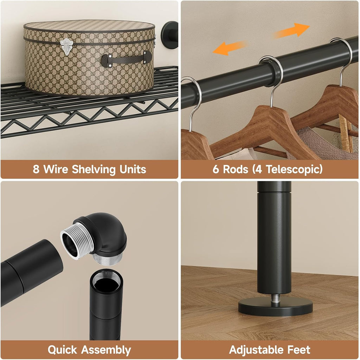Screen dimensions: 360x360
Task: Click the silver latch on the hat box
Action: pyautogui.click(x=66, y=47)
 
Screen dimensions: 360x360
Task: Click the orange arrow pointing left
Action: pyautogui.click(x=230, y=47)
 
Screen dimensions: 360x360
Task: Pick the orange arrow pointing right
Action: pyautogui.click(x=291, y=31)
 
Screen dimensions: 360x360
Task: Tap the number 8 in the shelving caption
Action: pyautogui.click(x=36, y=169)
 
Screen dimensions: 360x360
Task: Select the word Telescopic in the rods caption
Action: pyautogui.click(x=294, y=169)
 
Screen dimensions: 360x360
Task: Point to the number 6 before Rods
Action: pyautogui.click(x=216, y=169)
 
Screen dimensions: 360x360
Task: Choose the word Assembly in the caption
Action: pyautogui.click(x=106, y=351)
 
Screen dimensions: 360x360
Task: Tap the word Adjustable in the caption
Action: pyautogui.click(x=257, y=350)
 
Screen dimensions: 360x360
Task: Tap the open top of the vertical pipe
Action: pyautogui.click(x=106, y=281)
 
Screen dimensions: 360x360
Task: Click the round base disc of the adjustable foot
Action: pyautogui.click(x=275, y=307)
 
